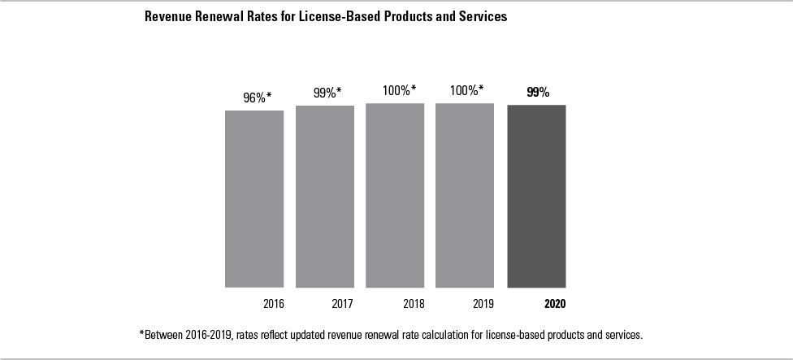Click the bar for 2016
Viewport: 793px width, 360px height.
point(254,198)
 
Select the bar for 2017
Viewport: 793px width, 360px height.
point(324,196)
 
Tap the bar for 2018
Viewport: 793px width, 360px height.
point(395,195)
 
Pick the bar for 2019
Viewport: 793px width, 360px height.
point(465,195)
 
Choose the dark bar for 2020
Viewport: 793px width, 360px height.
point(536,196)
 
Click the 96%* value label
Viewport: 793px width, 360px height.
point(257,98)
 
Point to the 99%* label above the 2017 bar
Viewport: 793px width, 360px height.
point(327,93)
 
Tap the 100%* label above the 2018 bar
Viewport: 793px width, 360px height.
point(399,90)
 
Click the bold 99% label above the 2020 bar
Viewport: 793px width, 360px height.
point(538,92)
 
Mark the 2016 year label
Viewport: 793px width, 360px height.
point(273,305)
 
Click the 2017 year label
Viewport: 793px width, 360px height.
point(342,305)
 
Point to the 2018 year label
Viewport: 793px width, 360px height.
point(413,305)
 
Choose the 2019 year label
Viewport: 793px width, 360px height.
point(483,305)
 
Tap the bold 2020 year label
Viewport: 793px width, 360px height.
point(554,305)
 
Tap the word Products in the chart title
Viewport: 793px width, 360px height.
point(419,16)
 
